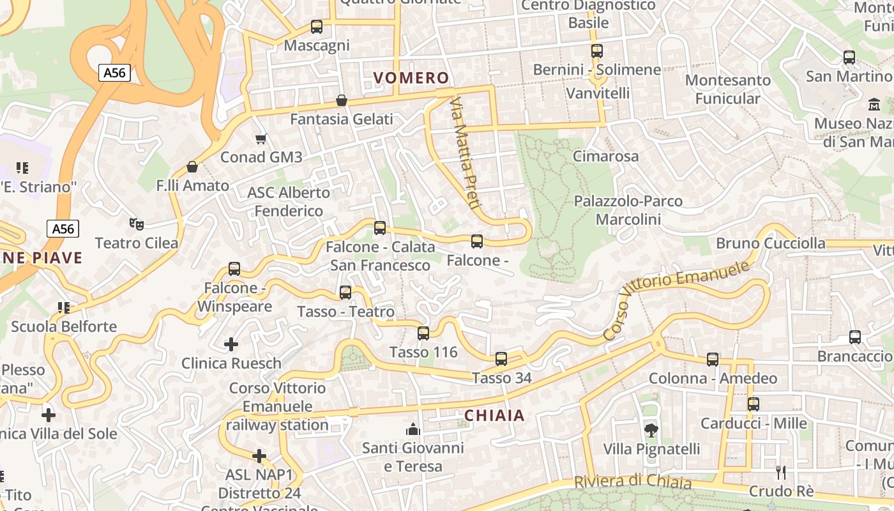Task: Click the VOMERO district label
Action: (411, 78)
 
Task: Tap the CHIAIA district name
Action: (494, 416)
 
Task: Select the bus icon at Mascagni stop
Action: (317, 27)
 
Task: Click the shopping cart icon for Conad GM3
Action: (261, 139)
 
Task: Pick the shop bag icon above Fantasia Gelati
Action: (342, 100)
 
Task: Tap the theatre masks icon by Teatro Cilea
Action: (136, 224)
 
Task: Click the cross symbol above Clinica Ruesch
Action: (231, 345)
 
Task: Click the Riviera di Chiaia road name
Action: (632, 482)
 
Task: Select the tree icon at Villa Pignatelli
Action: (651, 431)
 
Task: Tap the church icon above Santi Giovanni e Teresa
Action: (413, 429)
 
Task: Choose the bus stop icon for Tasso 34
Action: (501, 359)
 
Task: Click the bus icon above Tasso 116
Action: (423, 333)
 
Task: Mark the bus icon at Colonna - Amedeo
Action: (713, 360)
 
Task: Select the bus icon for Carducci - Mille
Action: (754, 404)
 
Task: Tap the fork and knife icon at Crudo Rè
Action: (780, 473)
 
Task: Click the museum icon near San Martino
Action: (874, 103)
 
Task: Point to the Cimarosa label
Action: (605, 156)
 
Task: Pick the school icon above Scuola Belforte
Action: (64, 308)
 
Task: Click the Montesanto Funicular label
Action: (728, 89)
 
